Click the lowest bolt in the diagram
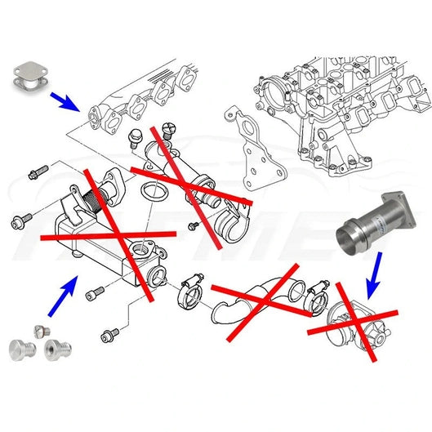[111, 335]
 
